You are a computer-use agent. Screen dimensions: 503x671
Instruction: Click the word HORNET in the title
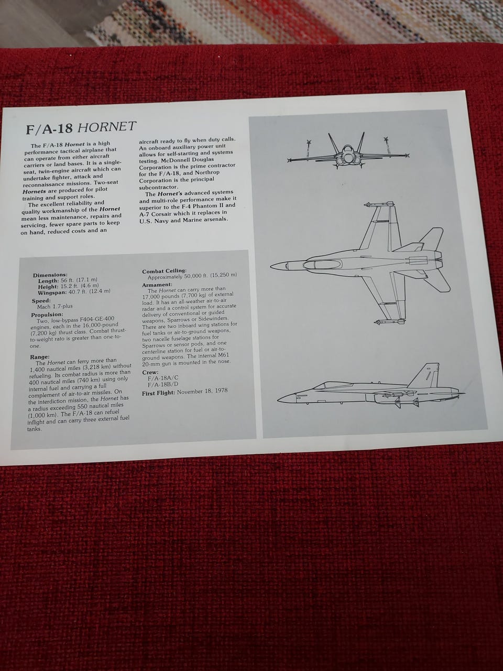pos(106,126)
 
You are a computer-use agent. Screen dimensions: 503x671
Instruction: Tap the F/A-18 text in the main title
pos(49,129)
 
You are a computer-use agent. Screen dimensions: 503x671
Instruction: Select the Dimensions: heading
pos(50,275)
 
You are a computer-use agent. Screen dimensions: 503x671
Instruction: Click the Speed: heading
pos(41,300)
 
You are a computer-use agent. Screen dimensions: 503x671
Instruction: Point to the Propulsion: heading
pos(47,315)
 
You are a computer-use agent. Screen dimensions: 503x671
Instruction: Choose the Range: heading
pos(40,357)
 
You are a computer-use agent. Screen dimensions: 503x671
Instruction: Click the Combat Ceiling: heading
pos(165,271)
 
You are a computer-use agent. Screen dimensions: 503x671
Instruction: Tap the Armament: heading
pos(157,285)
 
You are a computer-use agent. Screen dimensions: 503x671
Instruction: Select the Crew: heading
pos(150,372)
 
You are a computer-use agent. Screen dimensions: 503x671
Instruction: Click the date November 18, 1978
pos(202,391)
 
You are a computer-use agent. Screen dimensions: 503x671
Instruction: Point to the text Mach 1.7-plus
pos(55,306)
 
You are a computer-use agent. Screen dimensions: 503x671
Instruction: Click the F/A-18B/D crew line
pos(163,385)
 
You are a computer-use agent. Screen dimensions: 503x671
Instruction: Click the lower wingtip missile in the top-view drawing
pos(389,321)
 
